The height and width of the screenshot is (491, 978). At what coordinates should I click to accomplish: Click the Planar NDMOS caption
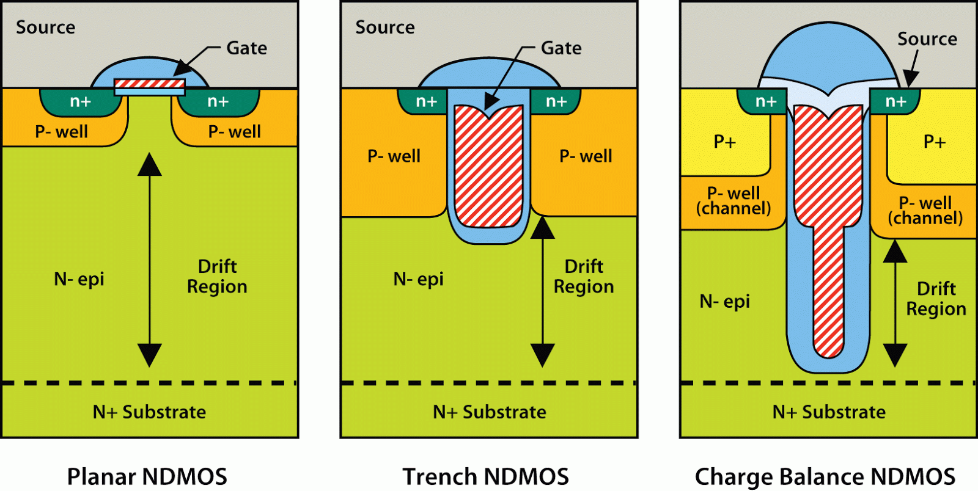point(147,476)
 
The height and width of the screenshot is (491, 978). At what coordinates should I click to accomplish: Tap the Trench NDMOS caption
point(485,476)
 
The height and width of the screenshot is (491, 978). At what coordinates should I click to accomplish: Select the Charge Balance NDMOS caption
point(825,476)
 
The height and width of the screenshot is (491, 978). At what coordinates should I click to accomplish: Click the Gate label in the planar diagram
point(246,48)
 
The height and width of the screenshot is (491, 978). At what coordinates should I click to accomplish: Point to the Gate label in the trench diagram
point(561,48)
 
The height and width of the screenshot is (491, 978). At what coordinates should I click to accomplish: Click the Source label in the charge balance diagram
point(927,38)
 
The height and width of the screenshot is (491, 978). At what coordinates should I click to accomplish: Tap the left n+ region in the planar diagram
point(80,101)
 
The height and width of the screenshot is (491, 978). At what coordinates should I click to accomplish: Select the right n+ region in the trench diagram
point(556,101)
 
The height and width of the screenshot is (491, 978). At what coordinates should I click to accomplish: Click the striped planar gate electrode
point(150,84)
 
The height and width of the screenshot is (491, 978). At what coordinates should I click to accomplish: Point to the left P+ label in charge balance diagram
point(725,142)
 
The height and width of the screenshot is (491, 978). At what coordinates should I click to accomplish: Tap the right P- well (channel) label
point(925,211)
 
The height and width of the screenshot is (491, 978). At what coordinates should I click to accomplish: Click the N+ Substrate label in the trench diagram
point(489,412)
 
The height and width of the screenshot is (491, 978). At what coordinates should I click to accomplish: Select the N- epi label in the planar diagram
point(79,279)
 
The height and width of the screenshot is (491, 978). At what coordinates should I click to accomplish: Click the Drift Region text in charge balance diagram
point(936,299)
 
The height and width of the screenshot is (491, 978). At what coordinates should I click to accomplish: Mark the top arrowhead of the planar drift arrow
point(149,165)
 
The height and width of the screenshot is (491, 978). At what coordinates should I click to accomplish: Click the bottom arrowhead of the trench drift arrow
point(542,354)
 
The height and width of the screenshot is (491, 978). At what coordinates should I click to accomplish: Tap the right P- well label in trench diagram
point(586,156)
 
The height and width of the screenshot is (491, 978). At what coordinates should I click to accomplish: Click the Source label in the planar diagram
point(45,27)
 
